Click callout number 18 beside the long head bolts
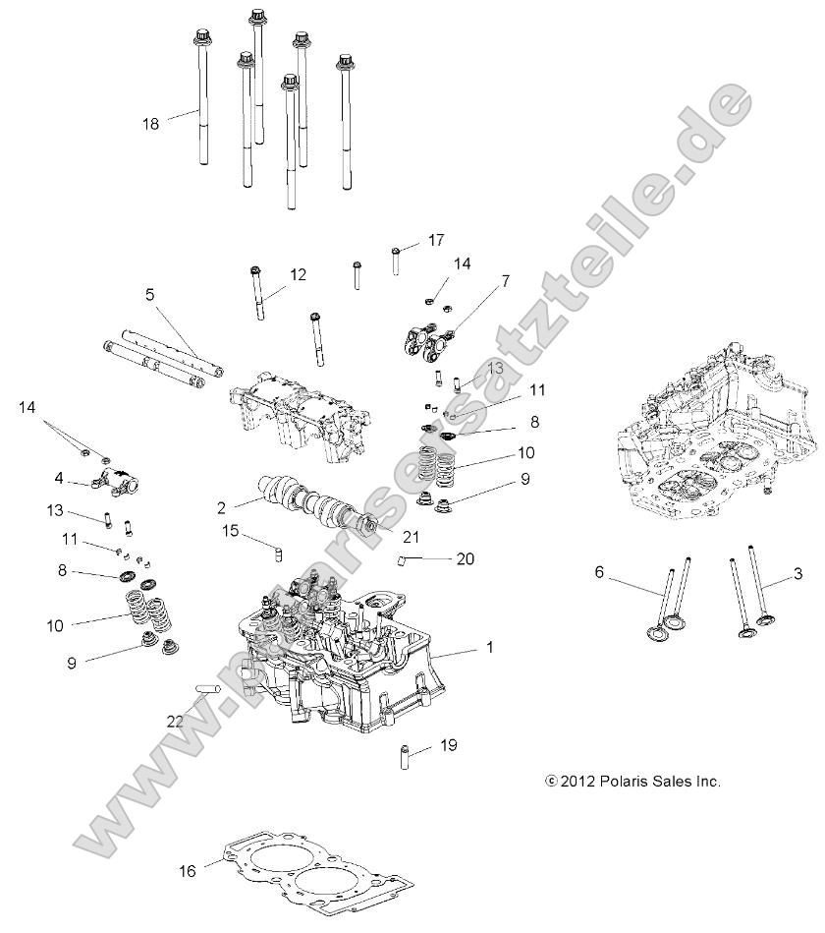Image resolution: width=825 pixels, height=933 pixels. (150, 124)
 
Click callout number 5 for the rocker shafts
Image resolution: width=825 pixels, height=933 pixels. (150, 293)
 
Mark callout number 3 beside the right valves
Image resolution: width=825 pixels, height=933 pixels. (798, 572)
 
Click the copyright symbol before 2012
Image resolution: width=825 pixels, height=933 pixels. (551, 782)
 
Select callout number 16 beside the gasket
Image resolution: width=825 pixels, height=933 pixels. (188, 870)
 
